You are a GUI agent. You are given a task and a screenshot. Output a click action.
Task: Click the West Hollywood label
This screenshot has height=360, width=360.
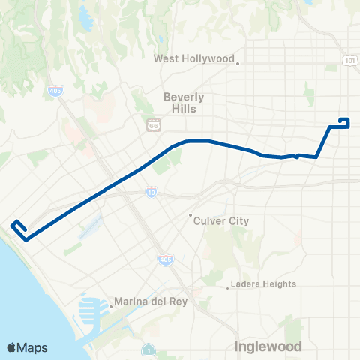[x=194, y=58]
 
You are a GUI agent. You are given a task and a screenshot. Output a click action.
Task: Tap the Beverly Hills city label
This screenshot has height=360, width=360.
[x=184, y=103]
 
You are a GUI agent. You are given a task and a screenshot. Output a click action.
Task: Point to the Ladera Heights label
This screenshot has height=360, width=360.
[x=263, y=283]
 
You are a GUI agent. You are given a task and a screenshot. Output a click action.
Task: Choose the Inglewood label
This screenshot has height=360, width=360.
[x=268, y=346]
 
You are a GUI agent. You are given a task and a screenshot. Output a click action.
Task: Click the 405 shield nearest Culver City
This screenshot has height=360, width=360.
[x=166, y=259]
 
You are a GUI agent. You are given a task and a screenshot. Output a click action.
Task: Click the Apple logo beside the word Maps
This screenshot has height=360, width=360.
[x=12, y=347]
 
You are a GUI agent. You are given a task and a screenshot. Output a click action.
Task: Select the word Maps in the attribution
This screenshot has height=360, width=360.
[x=33, y=347]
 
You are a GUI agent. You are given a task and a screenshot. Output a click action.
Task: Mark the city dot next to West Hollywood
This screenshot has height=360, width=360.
[x=238, y=63]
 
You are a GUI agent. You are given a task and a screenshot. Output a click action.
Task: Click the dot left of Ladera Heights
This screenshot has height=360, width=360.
[x=228, y=286]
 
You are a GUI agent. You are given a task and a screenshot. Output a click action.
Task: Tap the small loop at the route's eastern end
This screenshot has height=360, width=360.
[x=344, y=121]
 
